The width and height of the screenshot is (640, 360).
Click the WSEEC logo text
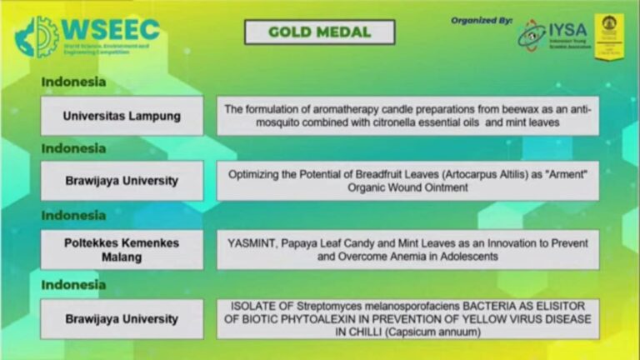[x=110, y=29]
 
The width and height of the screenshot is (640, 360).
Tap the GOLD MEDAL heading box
[x=319, y=32]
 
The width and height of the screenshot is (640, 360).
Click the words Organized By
[x=481, y=19]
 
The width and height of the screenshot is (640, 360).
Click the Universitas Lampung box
[x=122, y=116]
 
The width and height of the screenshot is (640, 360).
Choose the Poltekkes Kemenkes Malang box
[x=122, y=250]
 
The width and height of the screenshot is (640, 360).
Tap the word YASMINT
[x=251, y=242]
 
